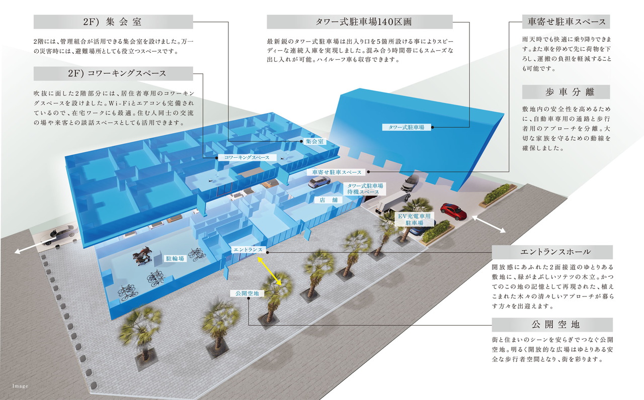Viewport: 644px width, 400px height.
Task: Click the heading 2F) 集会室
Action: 113,22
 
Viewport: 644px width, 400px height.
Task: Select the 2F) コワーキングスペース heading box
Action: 113,73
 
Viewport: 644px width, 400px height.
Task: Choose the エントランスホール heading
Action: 552,252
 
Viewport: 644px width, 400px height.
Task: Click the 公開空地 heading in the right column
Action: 552,325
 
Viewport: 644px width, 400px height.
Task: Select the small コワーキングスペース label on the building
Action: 247,158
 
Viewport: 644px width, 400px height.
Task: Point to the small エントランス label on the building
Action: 247,250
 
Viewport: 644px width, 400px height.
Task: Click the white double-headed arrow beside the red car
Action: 489,224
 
